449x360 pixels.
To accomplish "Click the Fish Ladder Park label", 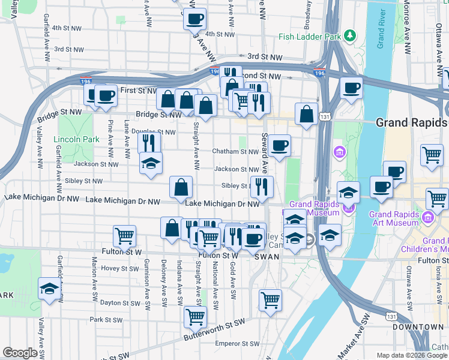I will pyautogui.click(x=309, y=37).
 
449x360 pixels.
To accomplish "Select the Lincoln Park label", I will pyautogui.click(x=76, y=140).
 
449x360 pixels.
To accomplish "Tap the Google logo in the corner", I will pyautogui.click(x=20, y=353).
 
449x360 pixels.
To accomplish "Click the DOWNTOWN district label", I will pyautogui.click(x=418, y=327).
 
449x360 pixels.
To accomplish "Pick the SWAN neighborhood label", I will pyautogui.click(x=267, y=256).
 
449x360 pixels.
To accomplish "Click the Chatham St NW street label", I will pyautogui.click(x=236, y=152).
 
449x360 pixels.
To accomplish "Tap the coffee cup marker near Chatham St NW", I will pyautogui.click(x=279, y=146).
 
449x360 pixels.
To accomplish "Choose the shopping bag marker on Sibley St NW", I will pyautogui.click(x=181, y=187).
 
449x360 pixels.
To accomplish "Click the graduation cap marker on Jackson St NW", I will pyautogui.click(x=151, y=163).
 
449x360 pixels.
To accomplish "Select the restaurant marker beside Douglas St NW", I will pyautogui.click(x=149, y=143).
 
